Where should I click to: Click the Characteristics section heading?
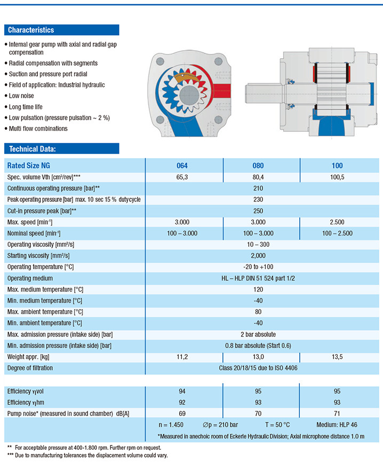click(x=31, y=30)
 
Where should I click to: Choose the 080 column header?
click(x=261, y=166)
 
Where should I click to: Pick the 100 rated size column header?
click(x=337, y=166)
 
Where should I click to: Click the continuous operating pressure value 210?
click(x=261, y=188)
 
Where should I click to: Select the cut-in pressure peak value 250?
click(x=261, y=210)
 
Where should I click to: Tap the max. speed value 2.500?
click(x=337, y=222)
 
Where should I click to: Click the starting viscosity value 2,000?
click(x=261, y=255)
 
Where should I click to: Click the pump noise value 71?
click(x=337, y=413)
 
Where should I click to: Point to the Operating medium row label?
click(x=30, y=278)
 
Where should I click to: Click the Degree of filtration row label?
click(x=34, y=367)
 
